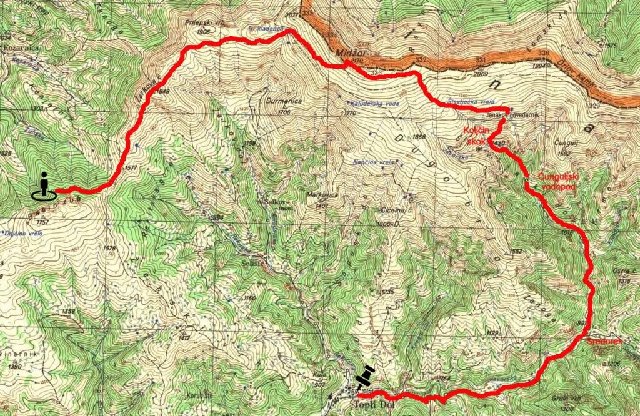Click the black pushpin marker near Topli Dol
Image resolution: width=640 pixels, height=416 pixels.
click(x=364, y=379)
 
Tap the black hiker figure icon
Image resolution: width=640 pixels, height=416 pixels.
click(x=44, y=186)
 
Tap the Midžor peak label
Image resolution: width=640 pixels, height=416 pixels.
click(x=347, y=54)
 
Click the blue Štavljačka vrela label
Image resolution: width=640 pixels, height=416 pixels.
click(x=466, y=100)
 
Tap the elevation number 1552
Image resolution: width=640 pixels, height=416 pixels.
click(x=516, y=251)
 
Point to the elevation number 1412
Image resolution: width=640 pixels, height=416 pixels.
click(x=183, y=338)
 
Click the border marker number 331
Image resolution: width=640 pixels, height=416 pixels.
click(x=481, y=60)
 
